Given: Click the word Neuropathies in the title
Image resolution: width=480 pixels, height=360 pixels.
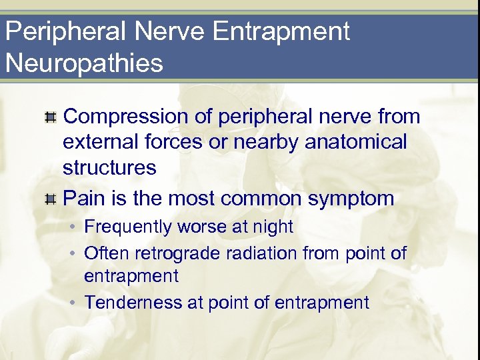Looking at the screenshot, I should point(84,63).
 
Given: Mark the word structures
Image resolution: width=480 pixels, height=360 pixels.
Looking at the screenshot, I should point(109,167).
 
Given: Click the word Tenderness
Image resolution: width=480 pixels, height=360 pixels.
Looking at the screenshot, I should point(133,302).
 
